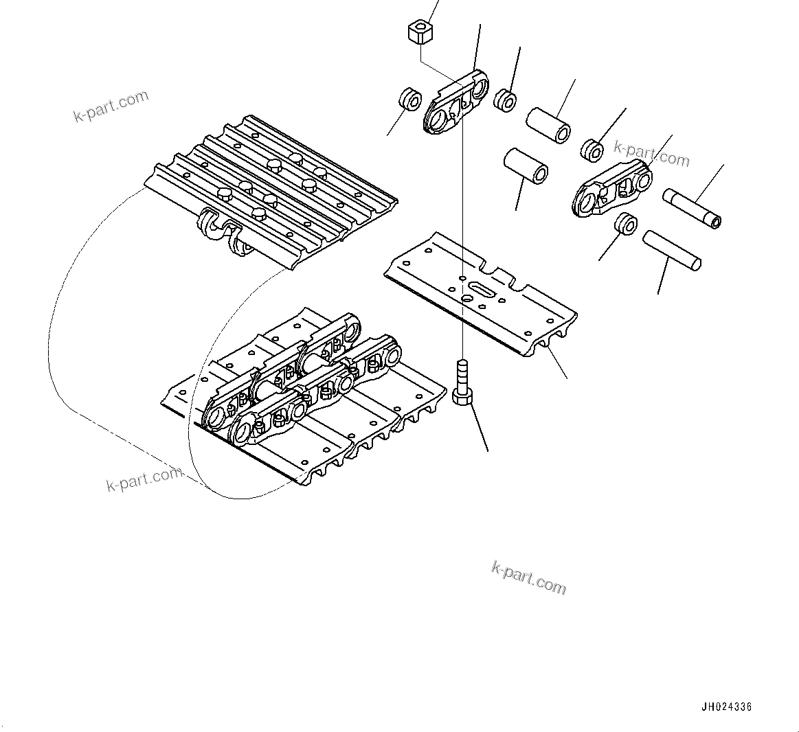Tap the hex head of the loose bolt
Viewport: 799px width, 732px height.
coord(462,398)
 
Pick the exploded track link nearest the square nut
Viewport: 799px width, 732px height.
coord(459,104)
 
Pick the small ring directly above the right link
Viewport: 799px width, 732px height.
coord(592,149)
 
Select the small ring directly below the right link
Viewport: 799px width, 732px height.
coord(626,224)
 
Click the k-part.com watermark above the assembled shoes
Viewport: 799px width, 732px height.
coord(111,105)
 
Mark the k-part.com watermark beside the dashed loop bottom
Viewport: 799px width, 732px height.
coord(144,479)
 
